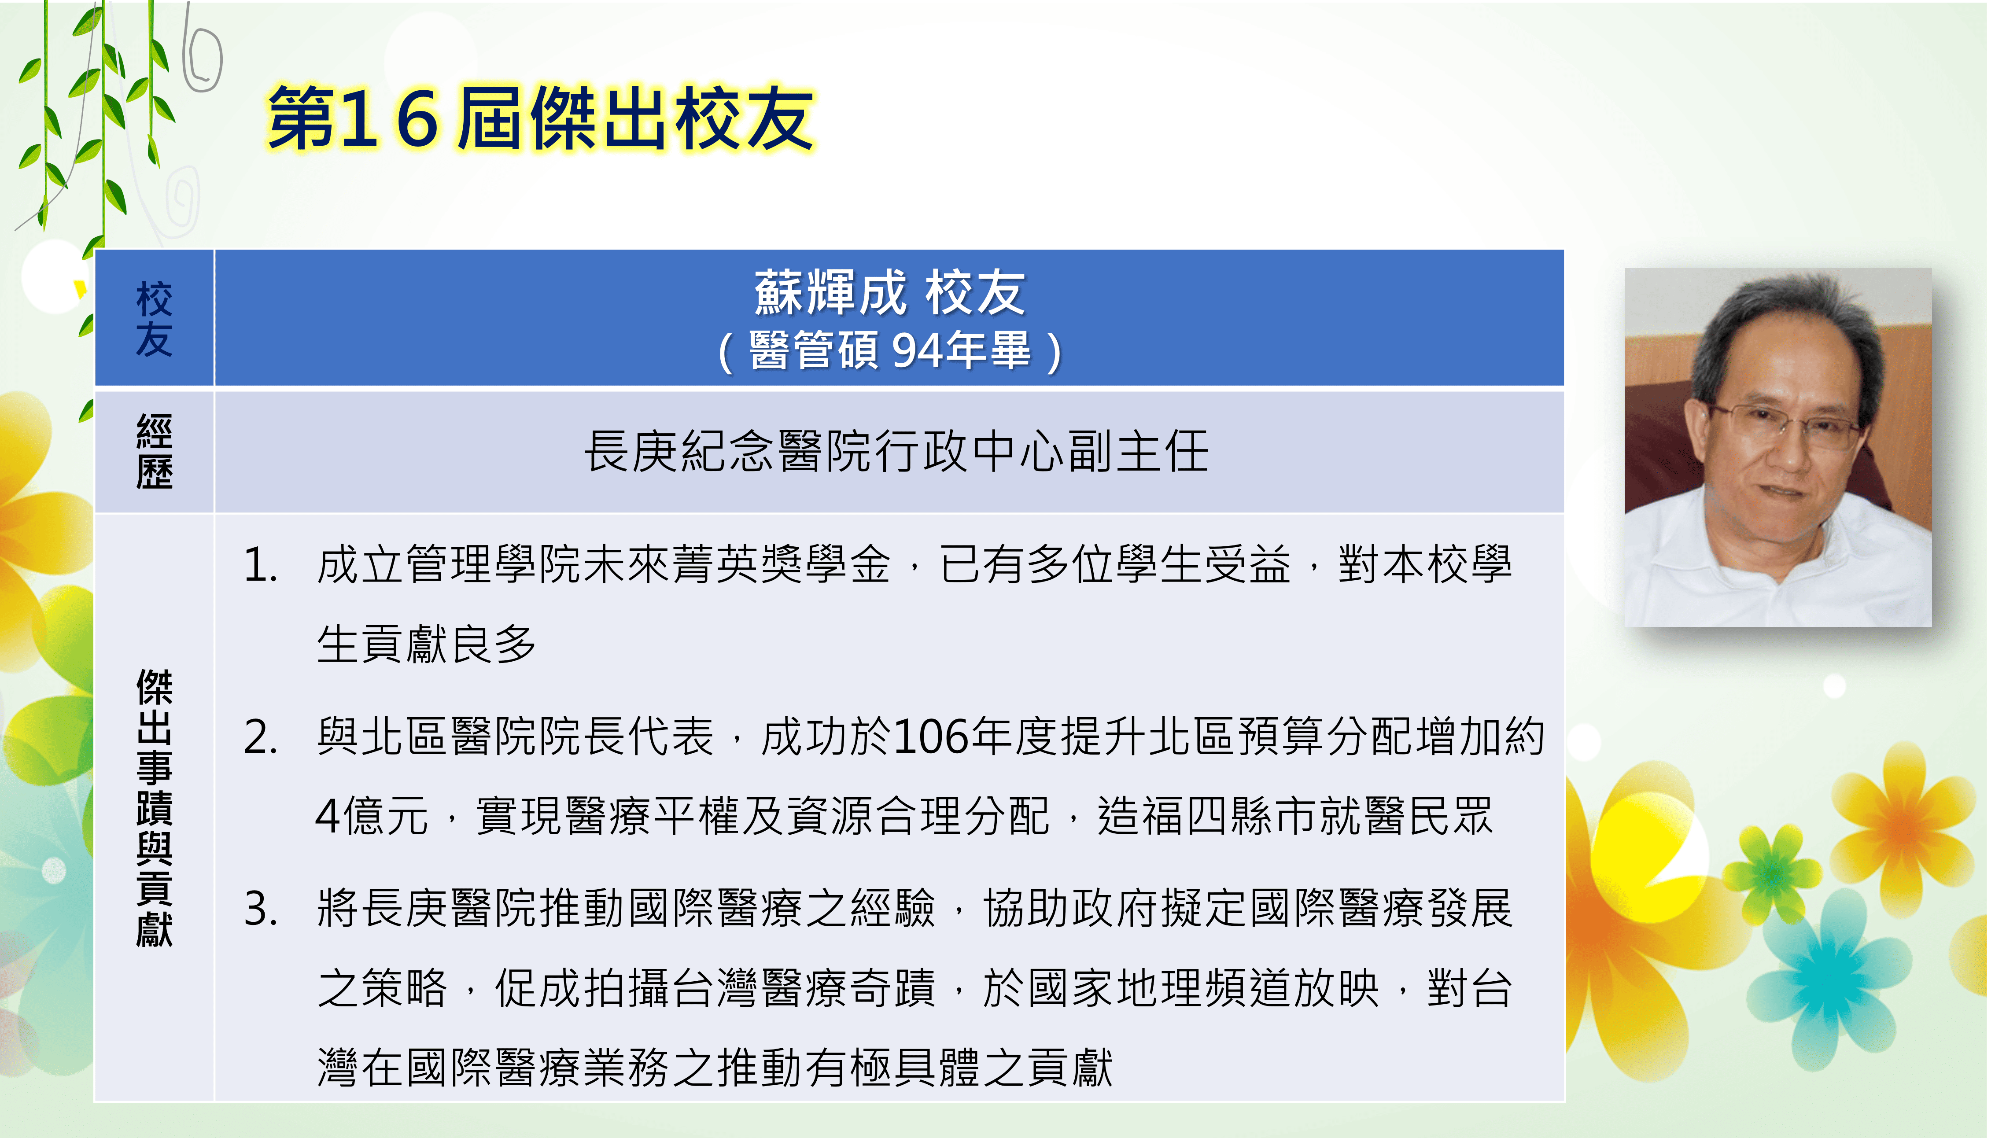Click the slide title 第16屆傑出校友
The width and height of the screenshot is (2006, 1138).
pyautogui.click(x=541, y=119)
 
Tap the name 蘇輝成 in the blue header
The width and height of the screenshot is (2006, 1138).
pyautogui.click(x=830, y=293)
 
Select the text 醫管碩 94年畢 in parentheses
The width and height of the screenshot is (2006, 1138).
pyautogui.click(x=890, y=350)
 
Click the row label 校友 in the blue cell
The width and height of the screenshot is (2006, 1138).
pyautogui.click(x=154, y=319)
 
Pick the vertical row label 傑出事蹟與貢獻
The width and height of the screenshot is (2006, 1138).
pyautogui.click(x=154, y=807)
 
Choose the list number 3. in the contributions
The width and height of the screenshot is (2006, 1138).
pyautogui.click(x=261, y=910)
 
